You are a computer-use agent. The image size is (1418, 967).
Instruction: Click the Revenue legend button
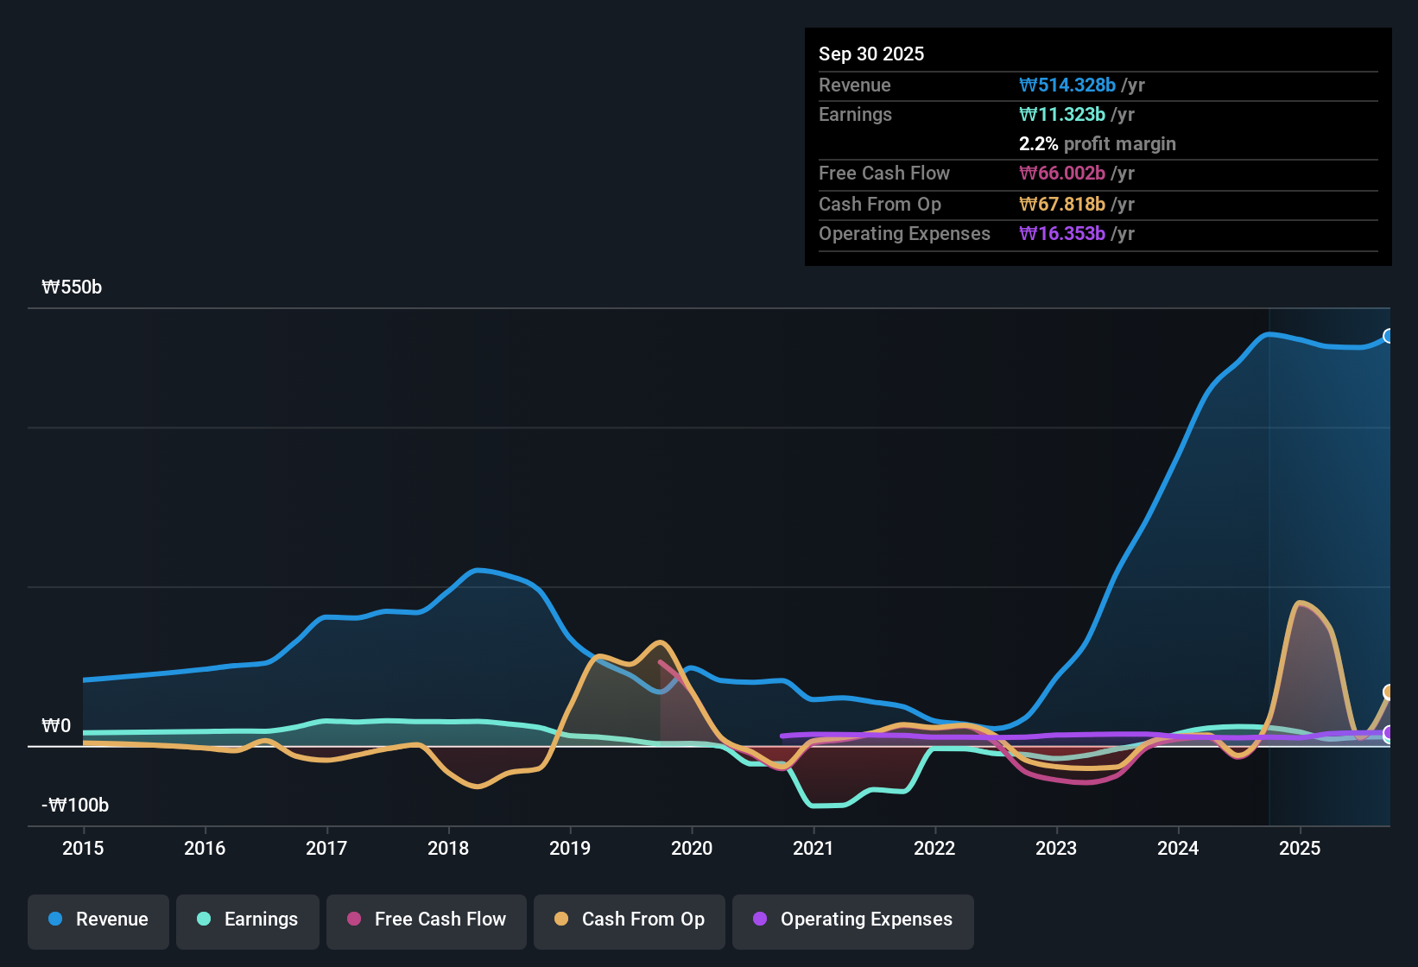click(98, 920)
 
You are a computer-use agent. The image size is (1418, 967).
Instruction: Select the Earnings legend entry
click(248, 920)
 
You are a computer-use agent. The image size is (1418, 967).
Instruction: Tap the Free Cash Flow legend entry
click(427, 920)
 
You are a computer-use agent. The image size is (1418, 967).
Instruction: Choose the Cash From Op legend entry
click(630, 920)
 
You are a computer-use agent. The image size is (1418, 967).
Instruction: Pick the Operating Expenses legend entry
click(852, 920)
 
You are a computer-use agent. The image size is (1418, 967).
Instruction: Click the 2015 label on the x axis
click(83, 849)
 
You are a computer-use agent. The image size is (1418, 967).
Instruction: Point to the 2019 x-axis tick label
click(570, 849)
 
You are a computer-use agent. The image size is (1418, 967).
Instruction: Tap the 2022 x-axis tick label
click(934, 849)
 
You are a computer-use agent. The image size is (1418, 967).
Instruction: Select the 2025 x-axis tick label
click(1300, 849)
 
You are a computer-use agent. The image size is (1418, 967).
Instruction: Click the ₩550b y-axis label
click(72, 288)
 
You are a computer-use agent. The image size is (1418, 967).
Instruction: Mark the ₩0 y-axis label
click(56, 726)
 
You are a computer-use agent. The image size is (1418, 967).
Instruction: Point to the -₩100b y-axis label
click(75, 806)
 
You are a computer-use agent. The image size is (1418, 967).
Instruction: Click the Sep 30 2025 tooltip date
click(871, 54)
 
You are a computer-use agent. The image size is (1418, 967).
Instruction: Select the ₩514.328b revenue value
click(1067, 85)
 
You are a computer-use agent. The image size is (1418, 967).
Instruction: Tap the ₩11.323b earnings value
click(1062, 115)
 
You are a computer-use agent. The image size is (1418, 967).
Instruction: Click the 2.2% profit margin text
click(1097, 144)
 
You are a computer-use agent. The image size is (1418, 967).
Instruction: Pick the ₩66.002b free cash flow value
click(1062, 174)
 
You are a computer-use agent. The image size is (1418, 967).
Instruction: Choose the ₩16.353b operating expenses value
click(1062, 234)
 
